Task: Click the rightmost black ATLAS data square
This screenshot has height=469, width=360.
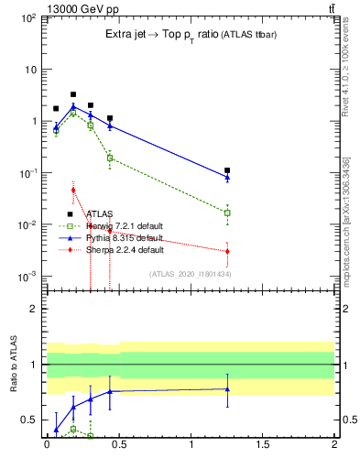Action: coord(227,170)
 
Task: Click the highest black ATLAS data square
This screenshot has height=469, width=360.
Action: coord(73,94)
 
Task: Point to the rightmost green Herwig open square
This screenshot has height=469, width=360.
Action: coord(227,213)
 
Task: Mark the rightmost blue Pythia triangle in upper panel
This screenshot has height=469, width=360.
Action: coord(227,176)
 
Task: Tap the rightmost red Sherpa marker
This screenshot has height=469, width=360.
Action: coord(227,251)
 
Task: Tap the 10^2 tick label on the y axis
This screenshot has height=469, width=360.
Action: coord(29,18)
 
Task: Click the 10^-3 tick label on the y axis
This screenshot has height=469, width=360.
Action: coord(29,277)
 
